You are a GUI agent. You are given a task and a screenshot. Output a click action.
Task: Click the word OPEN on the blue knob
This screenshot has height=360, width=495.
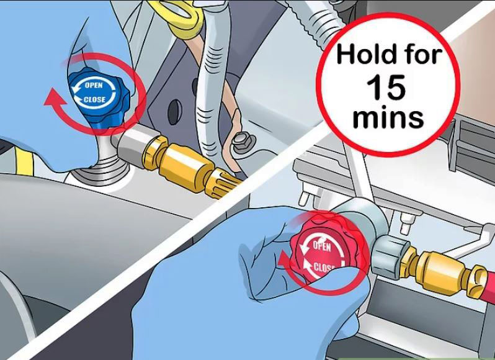[94, 85]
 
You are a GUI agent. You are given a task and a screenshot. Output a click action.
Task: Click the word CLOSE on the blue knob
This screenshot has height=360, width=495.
[94, 99]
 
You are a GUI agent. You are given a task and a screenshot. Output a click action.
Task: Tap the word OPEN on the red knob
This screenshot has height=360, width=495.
[322, 246]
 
